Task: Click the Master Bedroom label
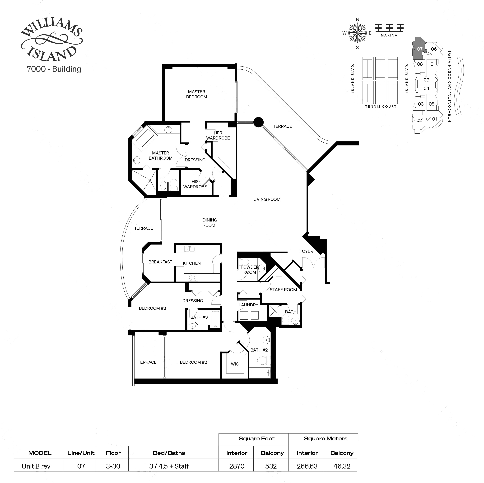click(x=196, y=94)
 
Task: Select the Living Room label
click(x=267, y=199)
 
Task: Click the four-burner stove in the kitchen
click(x=192, y=277)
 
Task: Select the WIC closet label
click(x=235, y=364)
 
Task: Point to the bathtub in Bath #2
click(x=260, y=373)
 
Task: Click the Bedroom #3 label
click(x=152, y=308)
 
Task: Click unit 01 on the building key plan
click(x=434, y=119)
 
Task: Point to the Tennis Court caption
click(x=381, y=107)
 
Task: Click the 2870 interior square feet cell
click(x=237, y=466)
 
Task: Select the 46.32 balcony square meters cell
click(x=342, y=466)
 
